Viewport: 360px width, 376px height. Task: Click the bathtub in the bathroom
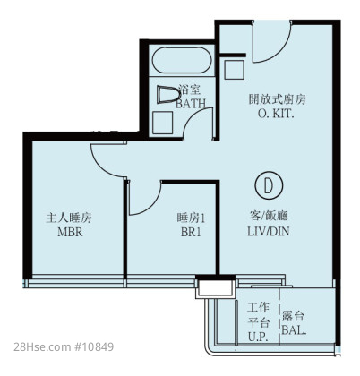[182, 60]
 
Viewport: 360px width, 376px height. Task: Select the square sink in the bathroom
[162, 123]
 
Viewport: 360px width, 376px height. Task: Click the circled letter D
[269, 185]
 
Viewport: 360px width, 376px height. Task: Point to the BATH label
[191, 103]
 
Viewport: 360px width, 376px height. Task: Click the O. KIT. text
[276, 114]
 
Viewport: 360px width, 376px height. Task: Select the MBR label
[70, 232]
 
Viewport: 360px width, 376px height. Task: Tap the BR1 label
[191, 232]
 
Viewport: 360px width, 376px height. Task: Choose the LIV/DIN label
[269, 231]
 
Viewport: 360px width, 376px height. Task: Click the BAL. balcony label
[294, 330]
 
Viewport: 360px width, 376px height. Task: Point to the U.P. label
[259, 337]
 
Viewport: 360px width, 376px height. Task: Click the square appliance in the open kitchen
[235, 70]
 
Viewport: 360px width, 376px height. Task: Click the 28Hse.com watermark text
[41, 346]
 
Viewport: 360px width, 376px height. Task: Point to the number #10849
[92, 346]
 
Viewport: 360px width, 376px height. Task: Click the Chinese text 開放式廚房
[277, 99]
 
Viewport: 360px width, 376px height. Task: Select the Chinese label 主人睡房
[69, 218]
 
